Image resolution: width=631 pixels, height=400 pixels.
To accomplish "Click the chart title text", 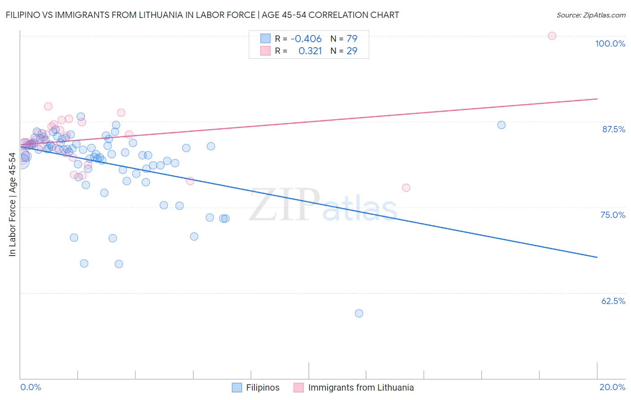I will (202, 15).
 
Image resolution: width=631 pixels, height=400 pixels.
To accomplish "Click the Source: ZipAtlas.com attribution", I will (591, 15).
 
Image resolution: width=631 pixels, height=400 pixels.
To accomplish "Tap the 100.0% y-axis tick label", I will (610, 43).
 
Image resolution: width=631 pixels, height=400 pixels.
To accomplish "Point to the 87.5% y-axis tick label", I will (613, 129).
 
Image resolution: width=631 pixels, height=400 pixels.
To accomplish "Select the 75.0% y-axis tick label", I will (613, 215).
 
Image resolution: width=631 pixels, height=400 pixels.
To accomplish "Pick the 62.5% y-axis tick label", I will (613, 301).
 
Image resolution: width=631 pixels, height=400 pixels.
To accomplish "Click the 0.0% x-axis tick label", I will (31, 387).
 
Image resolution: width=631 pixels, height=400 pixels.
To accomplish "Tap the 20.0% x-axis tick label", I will (612, 387).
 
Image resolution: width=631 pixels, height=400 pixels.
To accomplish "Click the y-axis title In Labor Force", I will (13, 204).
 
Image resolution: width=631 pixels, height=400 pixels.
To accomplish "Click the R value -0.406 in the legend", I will (306, 39).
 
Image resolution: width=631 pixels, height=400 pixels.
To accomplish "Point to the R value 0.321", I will (310, 51).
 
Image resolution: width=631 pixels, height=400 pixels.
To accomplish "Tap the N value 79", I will (352, 39).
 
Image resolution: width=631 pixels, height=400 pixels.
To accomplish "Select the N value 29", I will (352, 51).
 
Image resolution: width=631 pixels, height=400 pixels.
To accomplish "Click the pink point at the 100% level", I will (552, 36).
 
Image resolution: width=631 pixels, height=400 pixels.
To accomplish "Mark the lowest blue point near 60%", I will (359, 313).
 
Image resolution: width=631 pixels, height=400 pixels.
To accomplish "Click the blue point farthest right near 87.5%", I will (501, 125).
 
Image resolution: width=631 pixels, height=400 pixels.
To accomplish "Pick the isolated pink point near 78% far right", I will (406, 188).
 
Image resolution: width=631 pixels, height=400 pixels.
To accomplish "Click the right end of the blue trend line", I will (597, 257).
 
